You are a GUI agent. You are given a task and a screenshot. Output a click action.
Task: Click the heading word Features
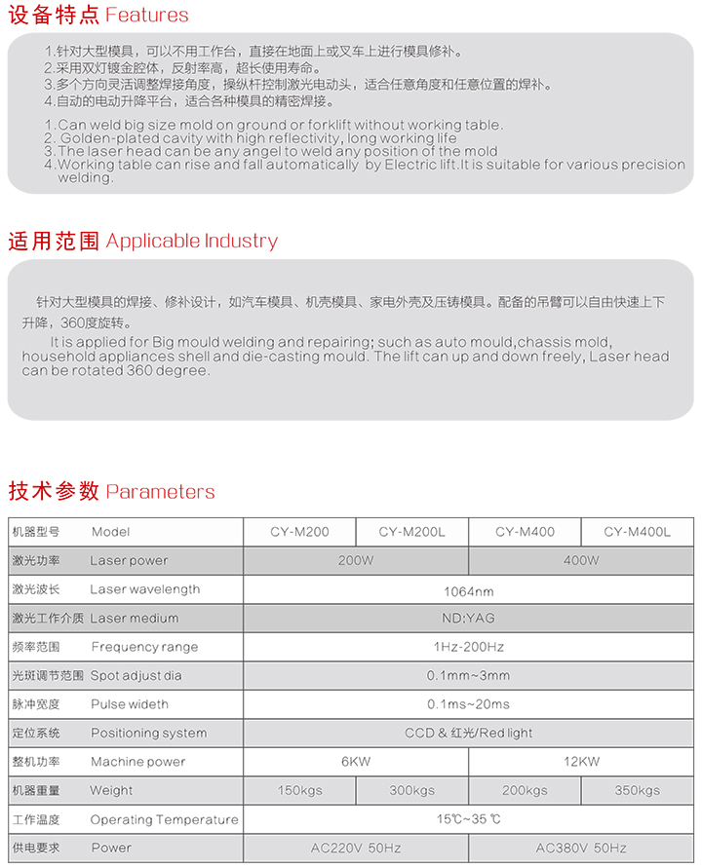146,15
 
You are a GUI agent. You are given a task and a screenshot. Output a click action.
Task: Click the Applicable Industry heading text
191,241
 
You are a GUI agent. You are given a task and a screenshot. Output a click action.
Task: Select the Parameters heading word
160,492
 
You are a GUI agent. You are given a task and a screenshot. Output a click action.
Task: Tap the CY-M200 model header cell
299,532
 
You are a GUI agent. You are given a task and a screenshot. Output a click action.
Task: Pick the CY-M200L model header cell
411,532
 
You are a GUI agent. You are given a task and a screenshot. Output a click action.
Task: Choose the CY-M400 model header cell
525,532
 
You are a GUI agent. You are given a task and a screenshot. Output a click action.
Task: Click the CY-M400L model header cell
637,532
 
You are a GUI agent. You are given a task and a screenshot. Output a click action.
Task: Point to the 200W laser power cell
356,560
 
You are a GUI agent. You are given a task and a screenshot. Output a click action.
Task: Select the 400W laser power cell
581,560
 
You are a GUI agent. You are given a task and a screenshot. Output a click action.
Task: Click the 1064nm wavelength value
468,590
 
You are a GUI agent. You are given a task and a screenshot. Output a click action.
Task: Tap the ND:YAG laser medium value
468,618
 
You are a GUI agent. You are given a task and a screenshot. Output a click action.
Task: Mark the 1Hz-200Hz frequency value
468,647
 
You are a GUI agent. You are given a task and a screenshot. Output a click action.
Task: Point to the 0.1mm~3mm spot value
468,675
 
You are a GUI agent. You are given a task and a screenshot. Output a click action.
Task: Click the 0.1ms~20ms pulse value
468,704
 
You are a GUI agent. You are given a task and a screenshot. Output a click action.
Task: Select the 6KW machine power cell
356,762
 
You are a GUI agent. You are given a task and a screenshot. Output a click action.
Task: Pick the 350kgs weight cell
637,790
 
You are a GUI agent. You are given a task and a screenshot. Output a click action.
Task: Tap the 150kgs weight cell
299,790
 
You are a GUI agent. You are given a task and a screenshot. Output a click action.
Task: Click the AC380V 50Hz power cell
581,849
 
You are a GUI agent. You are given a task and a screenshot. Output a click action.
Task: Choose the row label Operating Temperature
164,819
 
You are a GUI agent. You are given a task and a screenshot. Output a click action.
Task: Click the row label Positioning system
148,733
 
